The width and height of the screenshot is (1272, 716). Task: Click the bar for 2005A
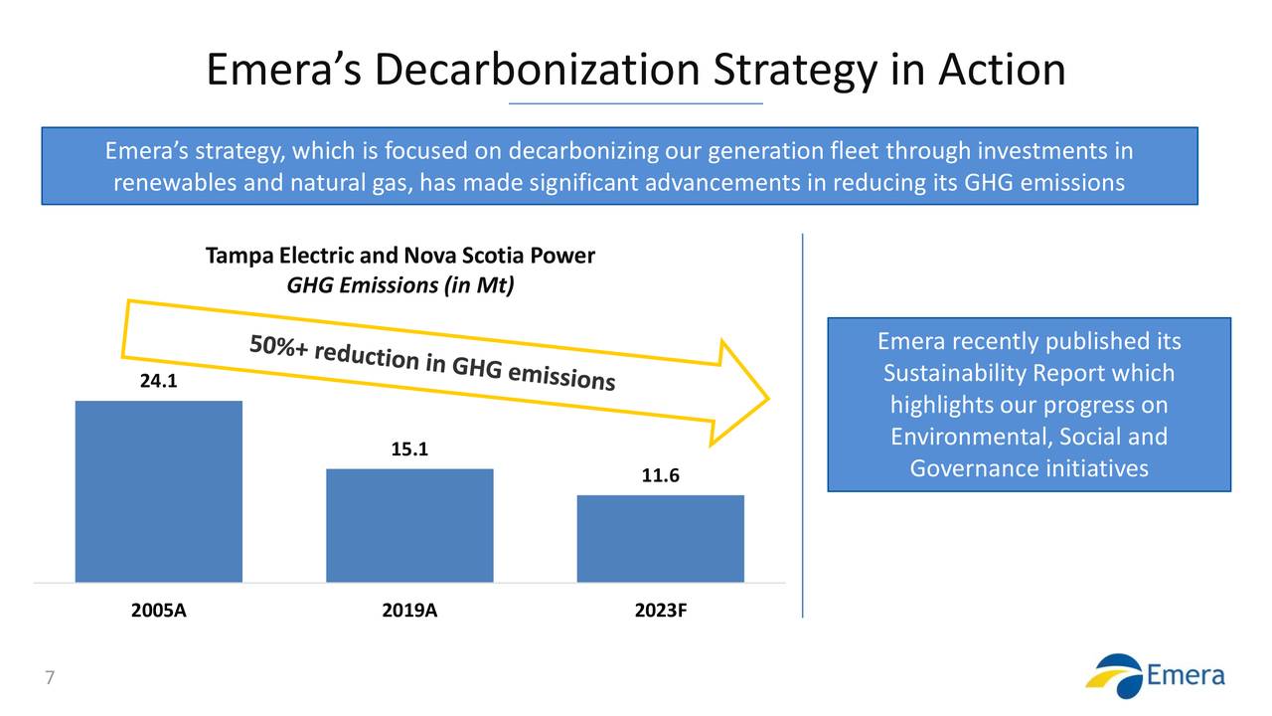point(159,491)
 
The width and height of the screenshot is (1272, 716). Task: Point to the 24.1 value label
point(154,381)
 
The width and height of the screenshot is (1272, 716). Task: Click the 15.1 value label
point(409,449)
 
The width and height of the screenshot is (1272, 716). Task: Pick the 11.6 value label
point(661,476)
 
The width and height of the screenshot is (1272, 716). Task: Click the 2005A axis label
point(159,611)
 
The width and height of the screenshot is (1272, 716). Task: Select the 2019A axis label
point(409,611)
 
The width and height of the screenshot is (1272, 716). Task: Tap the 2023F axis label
point(661,611)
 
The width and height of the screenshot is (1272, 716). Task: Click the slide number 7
point(49,679)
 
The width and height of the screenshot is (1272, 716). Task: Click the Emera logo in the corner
point(1155,675)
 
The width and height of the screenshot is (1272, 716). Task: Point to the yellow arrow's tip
point(767,400)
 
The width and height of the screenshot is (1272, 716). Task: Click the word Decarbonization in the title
point(539,70)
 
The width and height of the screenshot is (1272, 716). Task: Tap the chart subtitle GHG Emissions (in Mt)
point(399,286)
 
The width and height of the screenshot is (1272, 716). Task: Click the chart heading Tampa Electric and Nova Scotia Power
point(399,257)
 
